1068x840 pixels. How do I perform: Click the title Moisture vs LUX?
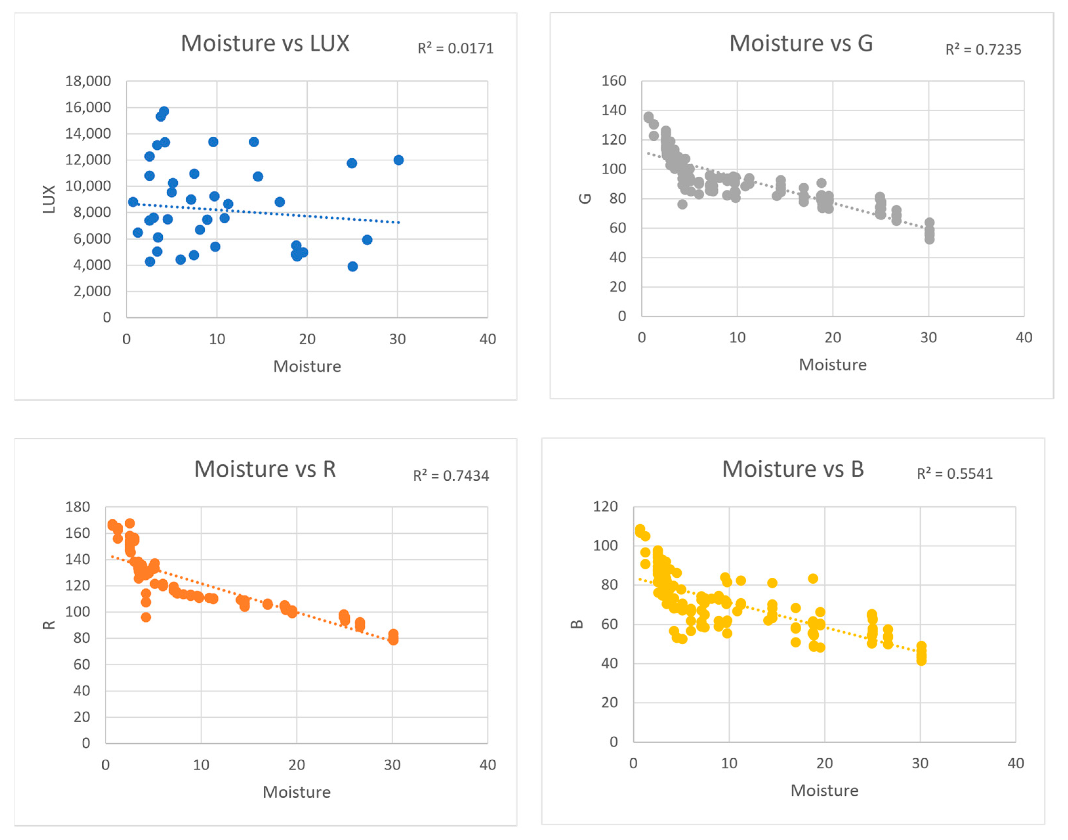point(265,43)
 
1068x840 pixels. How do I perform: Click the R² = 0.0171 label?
point(456,48)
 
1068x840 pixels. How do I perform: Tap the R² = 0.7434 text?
point(451,475)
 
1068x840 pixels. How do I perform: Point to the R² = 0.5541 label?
point(955,473)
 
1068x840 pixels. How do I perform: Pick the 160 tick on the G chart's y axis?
point(614,81)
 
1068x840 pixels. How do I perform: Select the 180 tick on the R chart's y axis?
point(78,507)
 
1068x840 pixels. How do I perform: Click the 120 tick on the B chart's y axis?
point(606,506)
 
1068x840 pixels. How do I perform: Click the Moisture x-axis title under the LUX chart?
point(307,367)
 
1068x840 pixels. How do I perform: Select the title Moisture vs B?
point(793,469)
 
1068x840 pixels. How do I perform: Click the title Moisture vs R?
point(265,469)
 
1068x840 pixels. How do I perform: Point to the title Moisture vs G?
point(801,43)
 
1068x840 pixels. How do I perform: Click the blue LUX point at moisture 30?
point(399,160)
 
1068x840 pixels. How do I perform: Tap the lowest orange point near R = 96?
point(146,617)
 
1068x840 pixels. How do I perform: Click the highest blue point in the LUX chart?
point(164,111)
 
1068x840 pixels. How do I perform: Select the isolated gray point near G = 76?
point(682,204)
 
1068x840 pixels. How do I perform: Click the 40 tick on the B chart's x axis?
point(1016,763)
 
